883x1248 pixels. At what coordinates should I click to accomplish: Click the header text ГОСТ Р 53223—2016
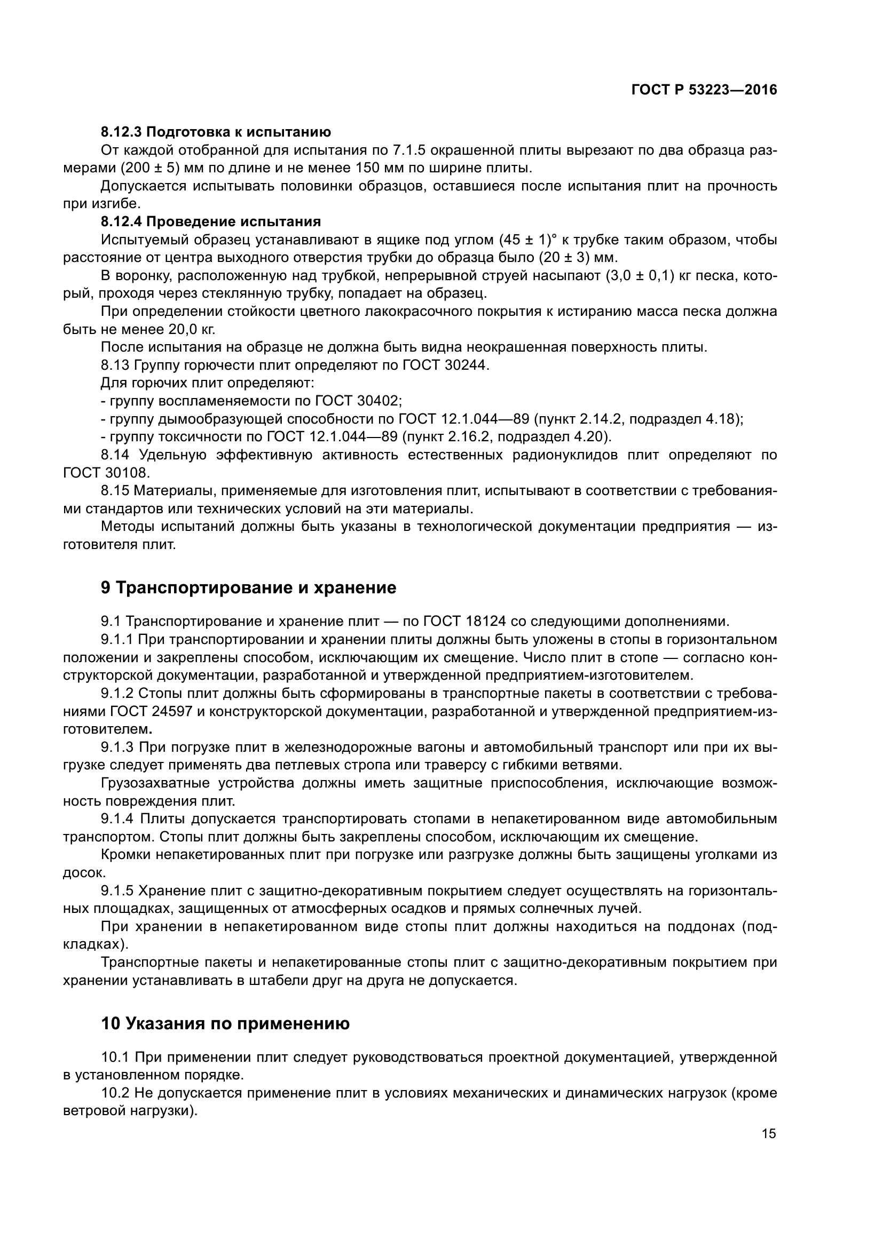tap(704, 90)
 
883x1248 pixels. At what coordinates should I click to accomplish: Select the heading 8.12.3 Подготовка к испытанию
tap(216, 132)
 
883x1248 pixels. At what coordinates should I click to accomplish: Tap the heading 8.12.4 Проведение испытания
tap(210, 221)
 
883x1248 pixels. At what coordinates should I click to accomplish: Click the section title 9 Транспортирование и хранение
tap(248, 587)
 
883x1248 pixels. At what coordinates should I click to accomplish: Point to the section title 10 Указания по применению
tap(225, 1023)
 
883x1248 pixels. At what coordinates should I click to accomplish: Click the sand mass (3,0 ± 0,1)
tap(640, 275)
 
